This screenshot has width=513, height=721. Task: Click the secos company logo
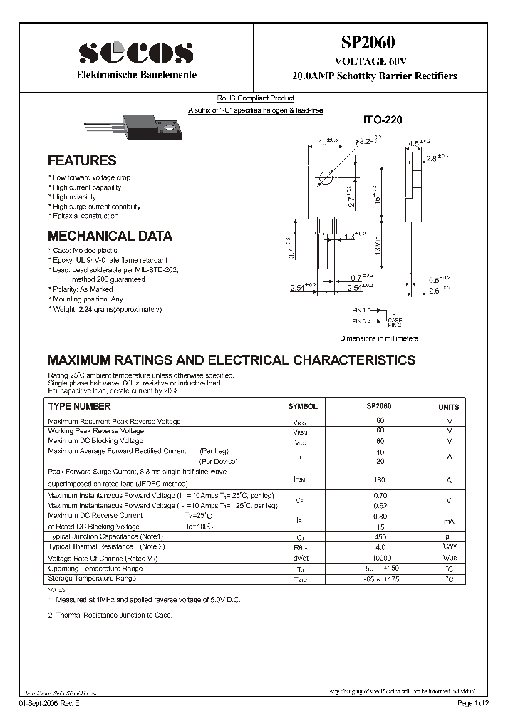135,53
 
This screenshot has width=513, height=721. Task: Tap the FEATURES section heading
81,161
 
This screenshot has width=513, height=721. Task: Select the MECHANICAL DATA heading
109,236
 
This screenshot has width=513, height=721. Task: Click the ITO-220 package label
383,120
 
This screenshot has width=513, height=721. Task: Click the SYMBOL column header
302,406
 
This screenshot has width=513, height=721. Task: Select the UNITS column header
448,407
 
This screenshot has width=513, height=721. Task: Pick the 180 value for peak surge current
379,480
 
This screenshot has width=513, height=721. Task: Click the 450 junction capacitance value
379,536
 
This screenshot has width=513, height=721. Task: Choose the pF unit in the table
449,536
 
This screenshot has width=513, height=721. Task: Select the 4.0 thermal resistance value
379,547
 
